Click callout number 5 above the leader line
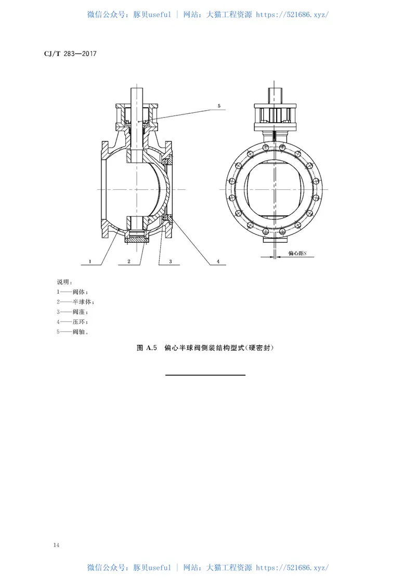click(x=219, y=106)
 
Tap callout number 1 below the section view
click(x=90, y=262)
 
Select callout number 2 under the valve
click(x=129, y=262)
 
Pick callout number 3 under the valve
click(x=171, y=262)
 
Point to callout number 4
click(x=218, y=262)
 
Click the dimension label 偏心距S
click(x=297, y=254)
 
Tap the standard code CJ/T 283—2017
click(x=70, y=54)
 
